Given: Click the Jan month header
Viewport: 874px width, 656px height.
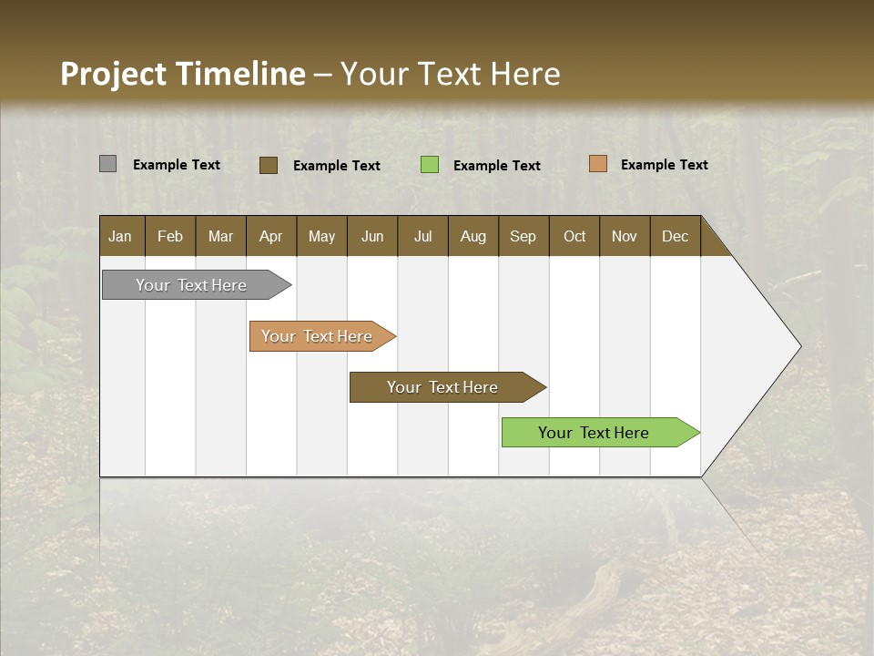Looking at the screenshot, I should [x=120, y=236].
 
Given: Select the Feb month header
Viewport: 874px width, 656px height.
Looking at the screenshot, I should [x=170, y=236].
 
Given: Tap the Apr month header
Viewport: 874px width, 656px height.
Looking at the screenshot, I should [x=270, y=236].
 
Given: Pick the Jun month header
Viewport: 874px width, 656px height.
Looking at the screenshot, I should [x=372, y=236].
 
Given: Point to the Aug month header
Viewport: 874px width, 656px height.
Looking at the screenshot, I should [x=473, y=236].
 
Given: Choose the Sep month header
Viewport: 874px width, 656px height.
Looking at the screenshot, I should [x=523, y=236].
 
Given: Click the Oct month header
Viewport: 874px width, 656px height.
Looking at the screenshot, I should [x=574, y=236].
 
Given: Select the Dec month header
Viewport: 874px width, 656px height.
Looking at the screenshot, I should [x=675, y=236].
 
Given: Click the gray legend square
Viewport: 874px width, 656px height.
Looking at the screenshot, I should [x=107, y=164].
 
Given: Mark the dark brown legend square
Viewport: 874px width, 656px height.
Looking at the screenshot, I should [x=268, y=165].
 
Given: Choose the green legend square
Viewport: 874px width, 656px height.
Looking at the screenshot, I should [x=430, y=165].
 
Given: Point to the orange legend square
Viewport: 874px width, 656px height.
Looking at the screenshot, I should [x=597, y=164].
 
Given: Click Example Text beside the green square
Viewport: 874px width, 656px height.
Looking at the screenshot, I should [x=497, y=166].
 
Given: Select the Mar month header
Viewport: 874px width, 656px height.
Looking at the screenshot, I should [x=220, y=236].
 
